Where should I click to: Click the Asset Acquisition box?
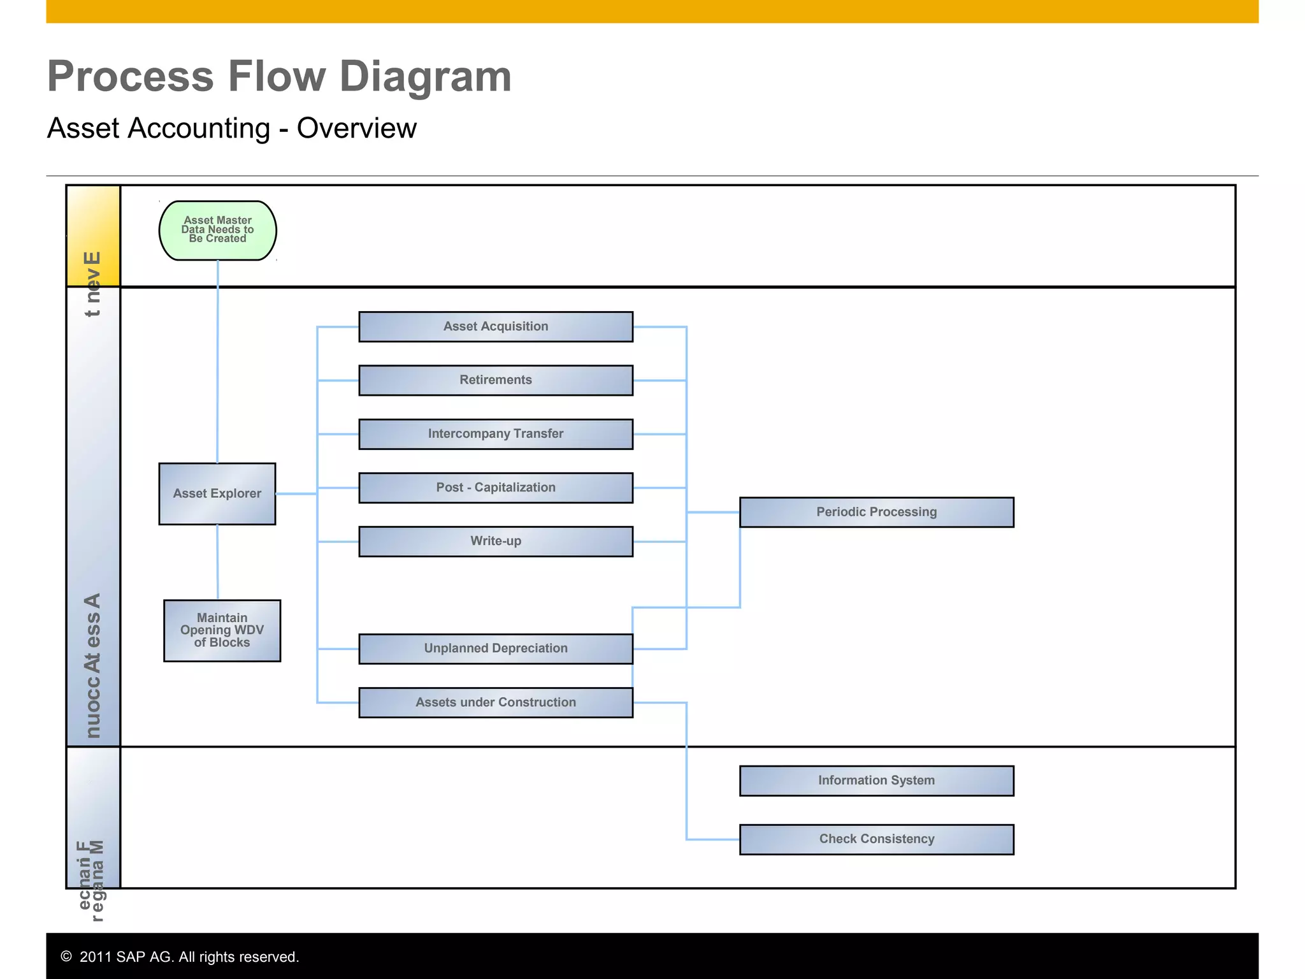496,326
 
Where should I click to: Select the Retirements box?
496,380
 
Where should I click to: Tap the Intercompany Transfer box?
496,434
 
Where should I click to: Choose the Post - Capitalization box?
496,488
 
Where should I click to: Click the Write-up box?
496,541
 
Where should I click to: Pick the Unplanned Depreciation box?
496,648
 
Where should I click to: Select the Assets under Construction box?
496,702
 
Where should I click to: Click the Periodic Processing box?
876,512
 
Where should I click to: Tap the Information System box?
876,781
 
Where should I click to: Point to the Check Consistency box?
876,839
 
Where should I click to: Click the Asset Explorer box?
217,493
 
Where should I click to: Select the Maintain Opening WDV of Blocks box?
222,630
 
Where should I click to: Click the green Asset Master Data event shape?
217,230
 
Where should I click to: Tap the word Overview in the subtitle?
356,128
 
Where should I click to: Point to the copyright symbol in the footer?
66,956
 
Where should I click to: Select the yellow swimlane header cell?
93,235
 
